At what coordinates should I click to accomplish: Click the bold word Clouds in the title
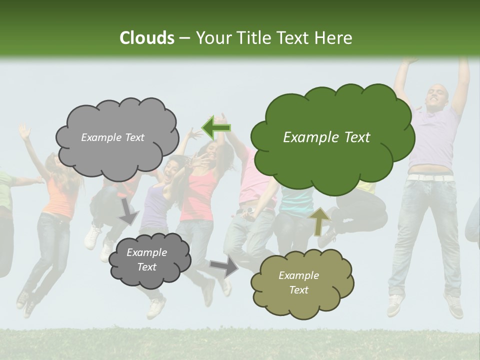coord(146,38)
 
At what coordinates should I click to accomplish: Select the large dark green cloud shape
coord(332,155)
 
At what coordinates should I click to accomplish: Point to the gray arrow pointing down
coord(128,211)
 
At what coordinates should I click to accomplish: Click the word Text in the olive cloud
coord(298,290)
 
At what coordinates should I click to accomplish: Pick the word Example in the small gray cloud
coord(146,252)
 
